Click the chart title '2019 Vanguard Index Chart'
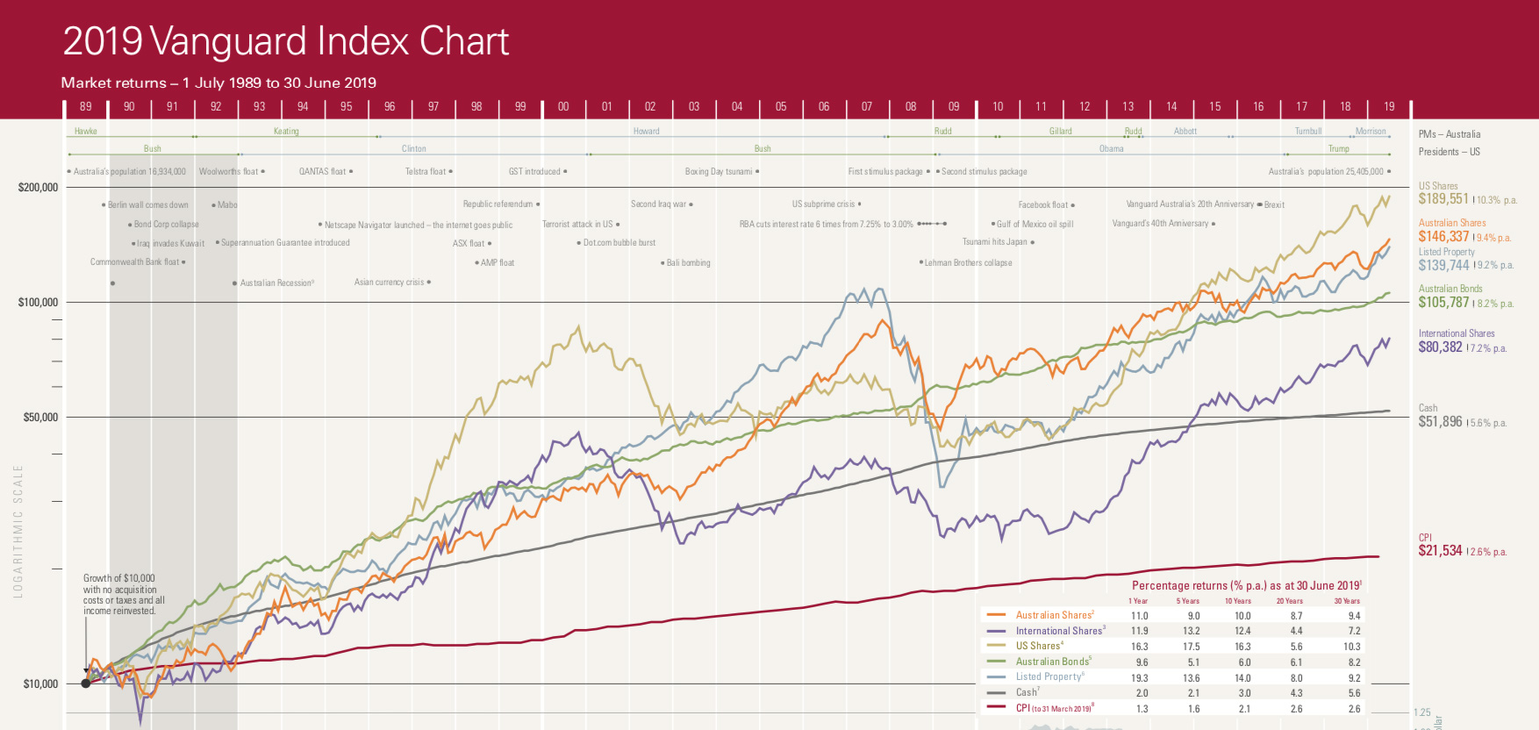pyautogui.click(x=285, y=41)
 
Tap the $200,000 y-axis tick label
pyautogui.click(x=38, y=187)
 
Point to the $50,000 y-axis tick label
pyautogui.click(x=40, y=417)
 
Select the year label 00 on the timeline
pyautogui.click(x=563, y=106)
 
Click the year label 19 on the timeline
pyautogui.click(x=1389, y=106)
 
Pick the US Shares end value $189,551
pyautogui.click(x=1443, y=199)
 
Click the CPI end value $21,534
pyautogui.click(x=1440, y=550)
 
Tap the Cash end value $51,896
pyautogui.click(x=1440, y=421)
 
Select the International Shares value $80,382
pyautogui.click(x=1440, y=347)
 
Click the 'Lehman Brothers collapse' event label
pyautogui.click(x=968, y=262)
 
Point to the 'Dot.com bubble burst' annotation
pyautogui.click(x=619, y=243)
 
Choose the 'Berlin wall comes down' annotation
pyautogui.click(x=147, y=205)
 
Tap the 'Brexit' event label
pyautogui.click(x=1274, y=204)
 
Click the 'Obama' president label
pyautogui.click(x=1111, y=148)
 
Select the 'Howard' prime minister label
pyautogui.click(x=646, y=131)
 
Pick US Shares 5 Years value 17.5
pyautogui.click(x=1191, y=646)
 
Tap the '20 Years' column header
pyautogui.click(x=1289, y=601)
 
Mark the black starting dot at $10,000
pyautogui.click(x=86, y=683)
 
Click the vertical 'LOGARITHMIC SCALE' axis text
pyautogui.click(x=18, y=532)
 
